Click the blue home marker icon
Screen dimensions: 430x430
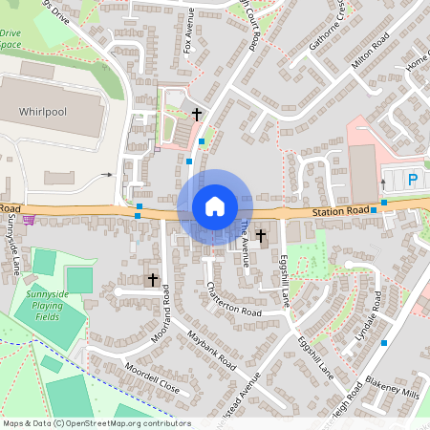pyautogui.click(x=215, y=206)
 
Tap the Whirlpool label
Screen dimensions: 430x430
pyautogui.click(x=43, y=112)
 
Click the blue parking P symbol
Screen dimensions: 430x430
pyautogui.click(x=413, y=180)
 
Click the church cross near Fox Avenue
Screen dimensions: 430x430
pyautogui.click(x=197, y=115)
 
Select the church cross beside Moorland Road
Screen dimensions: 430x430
pyautogui.click(x=152, y=279)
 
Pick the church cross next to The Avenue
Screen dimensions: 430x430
pyautogui.click(x=260, y=234)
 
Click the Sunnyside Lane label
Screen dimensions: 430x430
pyautogui.click(x=11, y=244)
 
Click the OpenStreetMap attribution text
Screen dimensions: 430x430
pyautogui.click(x=96, y=423)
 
